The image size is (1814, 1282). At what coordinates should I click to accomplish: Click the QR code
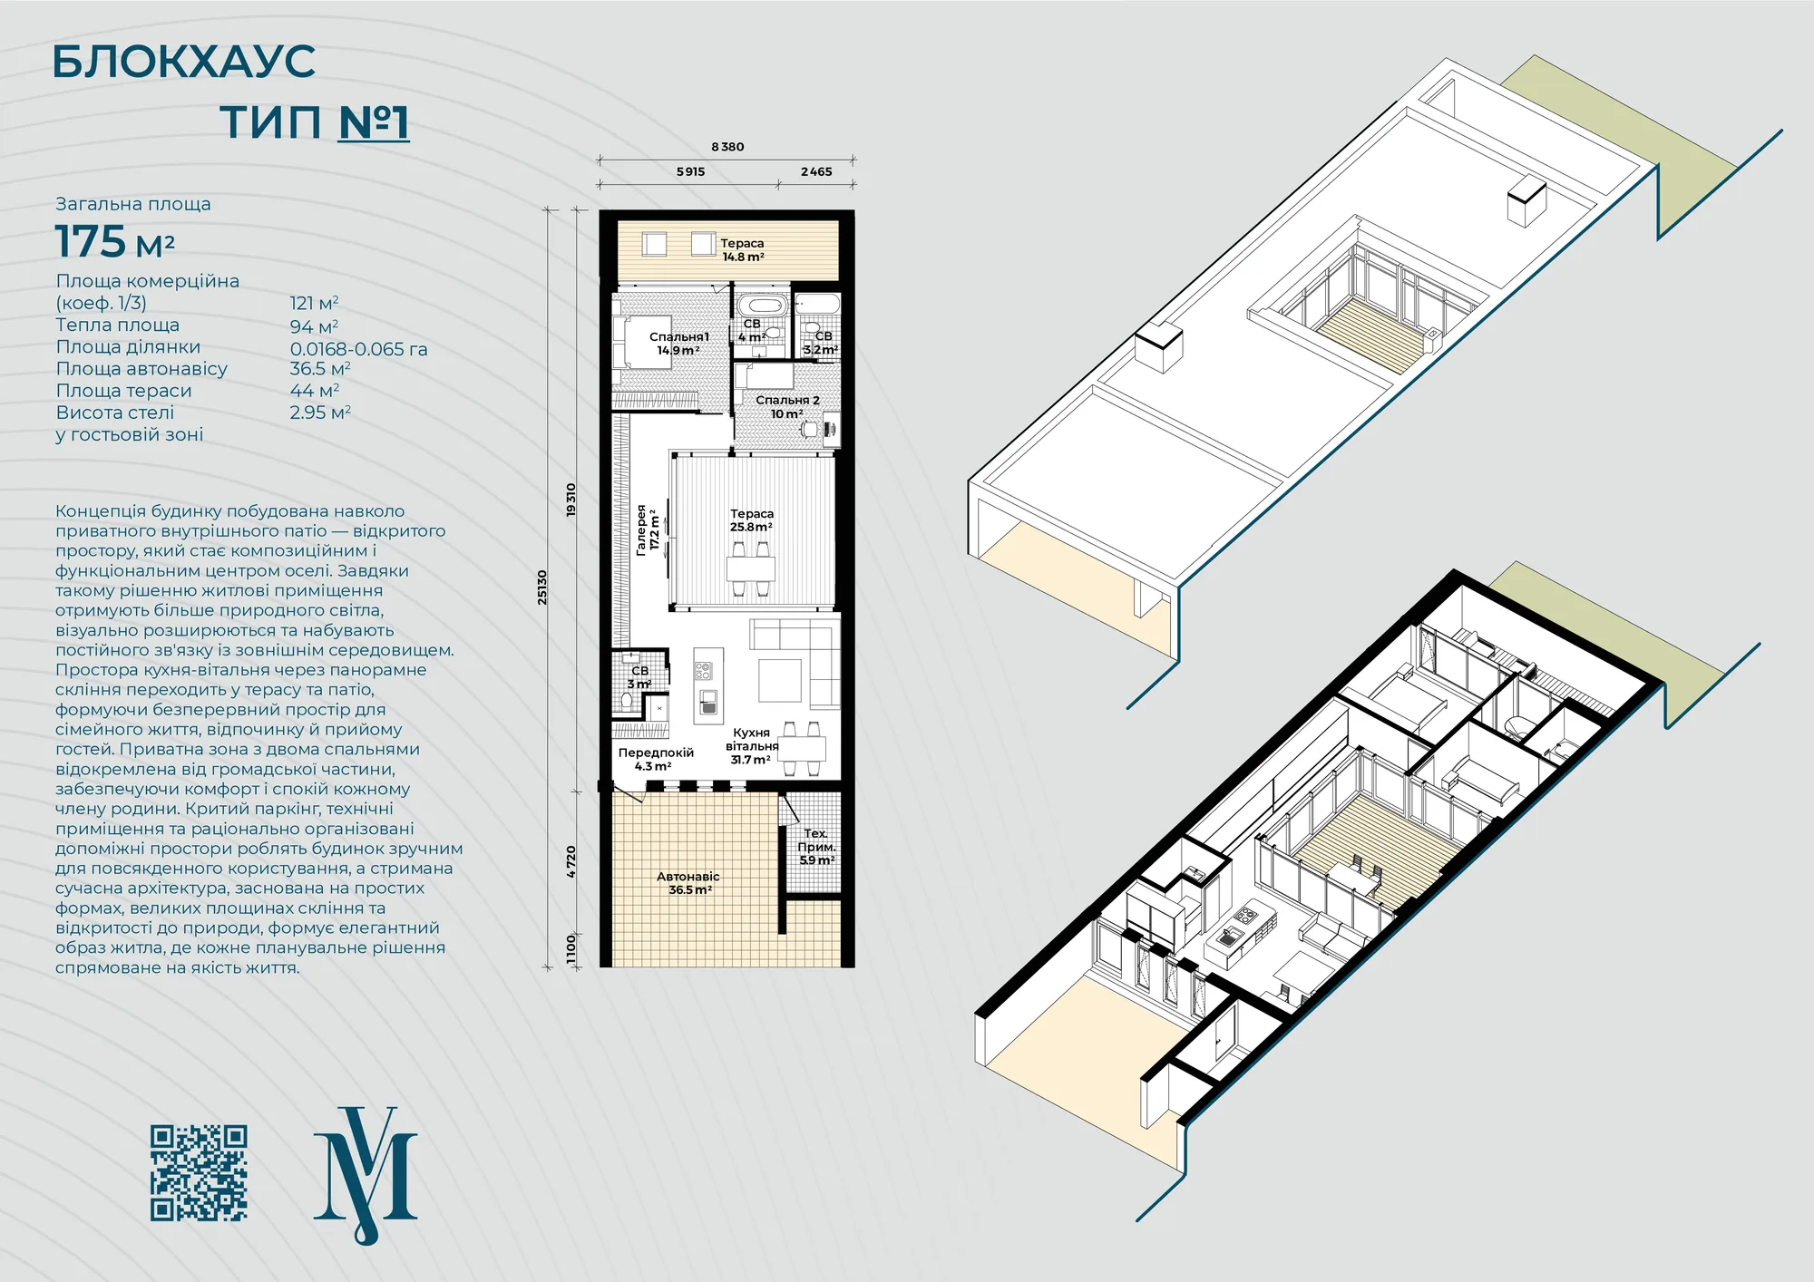(x=199, y=1173)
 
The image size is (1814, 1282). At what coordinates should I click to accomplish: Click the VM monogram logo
(x=366, y=1175)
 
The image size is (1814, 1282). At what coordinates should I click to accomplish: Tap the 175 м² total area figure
(x=115, y=242)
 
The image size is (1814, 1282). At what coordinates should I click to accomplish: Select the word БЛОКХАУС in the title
(x=184, y=62)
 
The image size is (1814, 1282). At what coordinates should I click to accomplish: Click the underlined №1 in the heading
(x=374, y=122)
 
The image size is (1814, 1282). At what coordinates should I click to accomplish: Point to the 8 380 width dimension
(x=727, y=147)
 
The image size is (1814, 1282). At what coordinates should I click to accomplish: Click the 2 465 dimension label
(x=816, y=171)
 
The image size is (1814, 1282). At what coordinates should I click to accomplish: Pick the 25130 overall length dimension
(x=542, y=588)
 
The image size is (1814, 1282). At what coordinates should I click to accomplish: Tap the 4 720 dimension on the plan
(x=571, y=861)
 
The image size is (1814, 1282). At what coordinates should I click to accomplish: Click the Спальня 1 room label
(x=678, y=344)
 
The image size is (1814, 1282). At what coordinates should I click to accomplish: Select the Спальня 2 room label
(x=787, y=406)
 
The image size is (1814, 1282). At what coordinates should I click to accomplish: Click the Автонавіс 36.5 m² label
(x=688, y=883)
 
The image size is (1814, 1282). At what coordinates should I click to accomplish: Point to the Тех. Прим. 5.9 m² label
(x=816, y=847)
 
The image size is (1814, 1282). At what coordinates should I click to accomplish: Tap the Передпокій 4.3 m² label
(x=656, y=760)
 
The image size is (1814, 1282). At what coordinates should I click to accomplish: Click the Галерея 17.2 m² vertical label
(x=648, y=529)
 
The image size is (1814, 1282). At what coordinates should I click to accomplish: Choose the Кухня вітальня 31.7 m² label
(x=752, y=746)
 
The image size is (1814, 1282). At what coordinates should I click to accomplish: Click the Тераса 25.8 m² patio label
(x=752, y=520)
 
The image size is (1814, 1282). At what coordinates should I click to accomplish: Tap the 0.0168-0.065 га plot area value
(x=358, y=349)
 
